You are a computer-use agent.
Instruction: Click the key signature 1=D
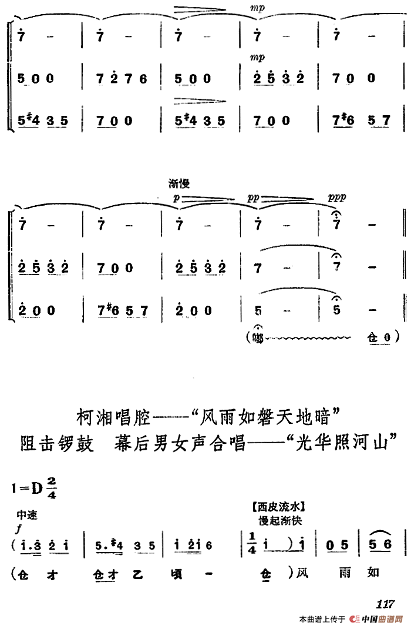click(x=28, y=487)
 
